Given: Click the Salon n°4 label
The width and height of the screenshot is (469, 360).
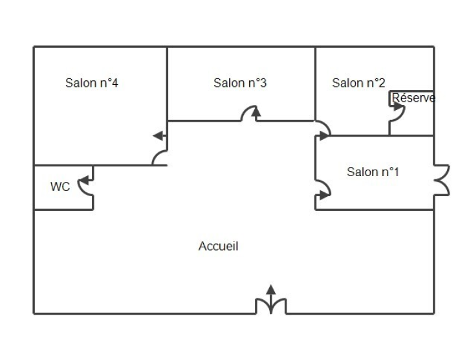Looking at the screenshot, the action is pos(91,83).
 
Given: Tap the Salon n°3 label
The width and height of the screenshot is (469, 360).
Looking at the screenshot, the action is pos(240,83).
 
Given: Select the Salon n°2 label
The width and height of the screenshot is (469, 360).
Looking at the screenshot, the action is pos(358,83).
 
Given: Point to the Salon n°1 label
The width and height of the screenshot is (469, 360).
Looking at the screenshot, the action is pos(373,172).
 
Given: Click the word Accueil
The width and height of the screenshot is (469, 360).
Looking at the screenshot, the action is pos(219,246).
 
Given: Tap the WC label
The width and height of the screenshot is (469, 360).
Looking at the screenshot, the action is pos(60,186).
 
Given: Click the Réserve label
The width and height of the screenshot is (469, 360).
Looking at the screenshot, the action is pos(413,98).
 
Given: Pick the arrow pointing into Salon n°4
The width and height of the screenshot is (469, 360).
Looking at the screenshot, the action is pos(160,136).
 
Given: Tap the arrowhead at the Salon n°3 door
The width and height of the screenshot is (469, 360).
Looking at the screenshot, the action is pos(256,112).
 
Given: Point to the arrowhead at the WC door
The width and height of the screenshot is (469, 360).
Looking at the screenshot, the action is pos(85,180).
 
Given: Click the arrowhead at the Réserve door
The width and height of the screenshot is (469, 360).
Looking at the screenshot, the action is pos(398,106).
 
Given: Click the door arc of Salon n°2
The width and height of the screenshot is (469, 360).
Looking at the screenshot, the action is pos(325,125).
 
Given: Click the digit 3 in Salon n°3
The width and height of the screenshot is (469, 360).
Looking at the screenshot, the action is pos(263,83).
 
